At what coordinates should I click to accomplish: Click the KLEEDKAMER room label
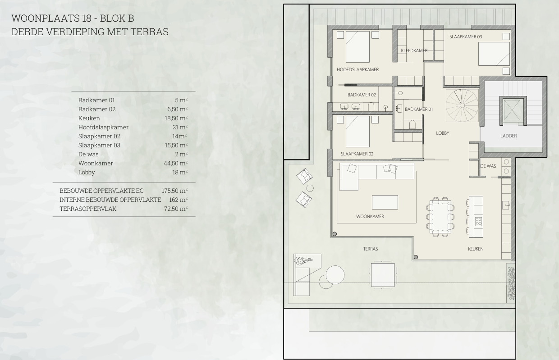pyautogui.click(x=414, y=50)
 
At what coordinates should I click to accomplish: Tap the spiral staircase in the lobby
pyautogui.click(x=462, y=105)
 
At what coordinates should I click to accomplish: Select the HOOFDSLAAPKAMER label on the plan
pyautogui.click(x=357, y=69)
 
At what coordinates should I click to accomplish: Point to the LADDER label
pyautogui.click(x=509, y=136)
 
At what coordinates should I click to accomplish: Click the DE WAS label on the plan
pyautogui.click(x=488, y=166)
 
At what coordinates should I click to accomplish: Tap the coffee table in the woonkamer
pyautogui.click(x=385, y=202)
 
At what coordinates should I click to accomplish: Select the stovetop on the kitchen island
pyautogui.click(x=478, y=221)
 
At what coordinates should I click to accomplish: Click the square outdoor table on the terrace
pyautogui.click(x=383, y=275)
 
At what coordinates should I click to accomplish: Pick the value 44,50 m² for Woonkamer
pyautogui.click(x=175, y=163)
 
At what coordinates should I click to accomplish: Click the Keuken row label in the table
pyautogui.click(x=89, y=118)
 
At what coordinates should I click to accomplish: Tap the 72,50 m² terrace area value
pyautogui.click(x=176, y=209)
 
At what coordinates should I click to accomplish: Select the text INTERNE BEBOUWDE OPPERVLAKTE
pyautogui.click(x=110, y=200)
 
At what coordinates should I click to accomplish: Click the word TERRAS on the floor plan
pyautogui.click(x=371, y=249)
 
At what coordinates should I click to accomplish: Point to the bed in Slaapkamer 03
pyautogui.click(x=494, y=54)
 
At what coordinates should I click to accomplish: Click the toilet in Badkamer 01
pyautogui.click(x=412, y=125)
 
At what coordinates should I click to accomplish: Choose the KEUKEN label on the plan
pyautogui.click(x=476, y=249)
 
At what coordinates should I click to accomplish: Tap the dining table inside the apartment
pyautogui.click(x=440, y=217)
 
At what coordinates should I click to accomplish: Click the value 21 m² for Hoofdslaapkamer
pyautogui.click(x=180, y=127)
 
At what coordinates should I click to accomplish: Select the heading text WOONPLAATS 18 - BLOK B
pyautogui.click(x=73, y=18)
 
